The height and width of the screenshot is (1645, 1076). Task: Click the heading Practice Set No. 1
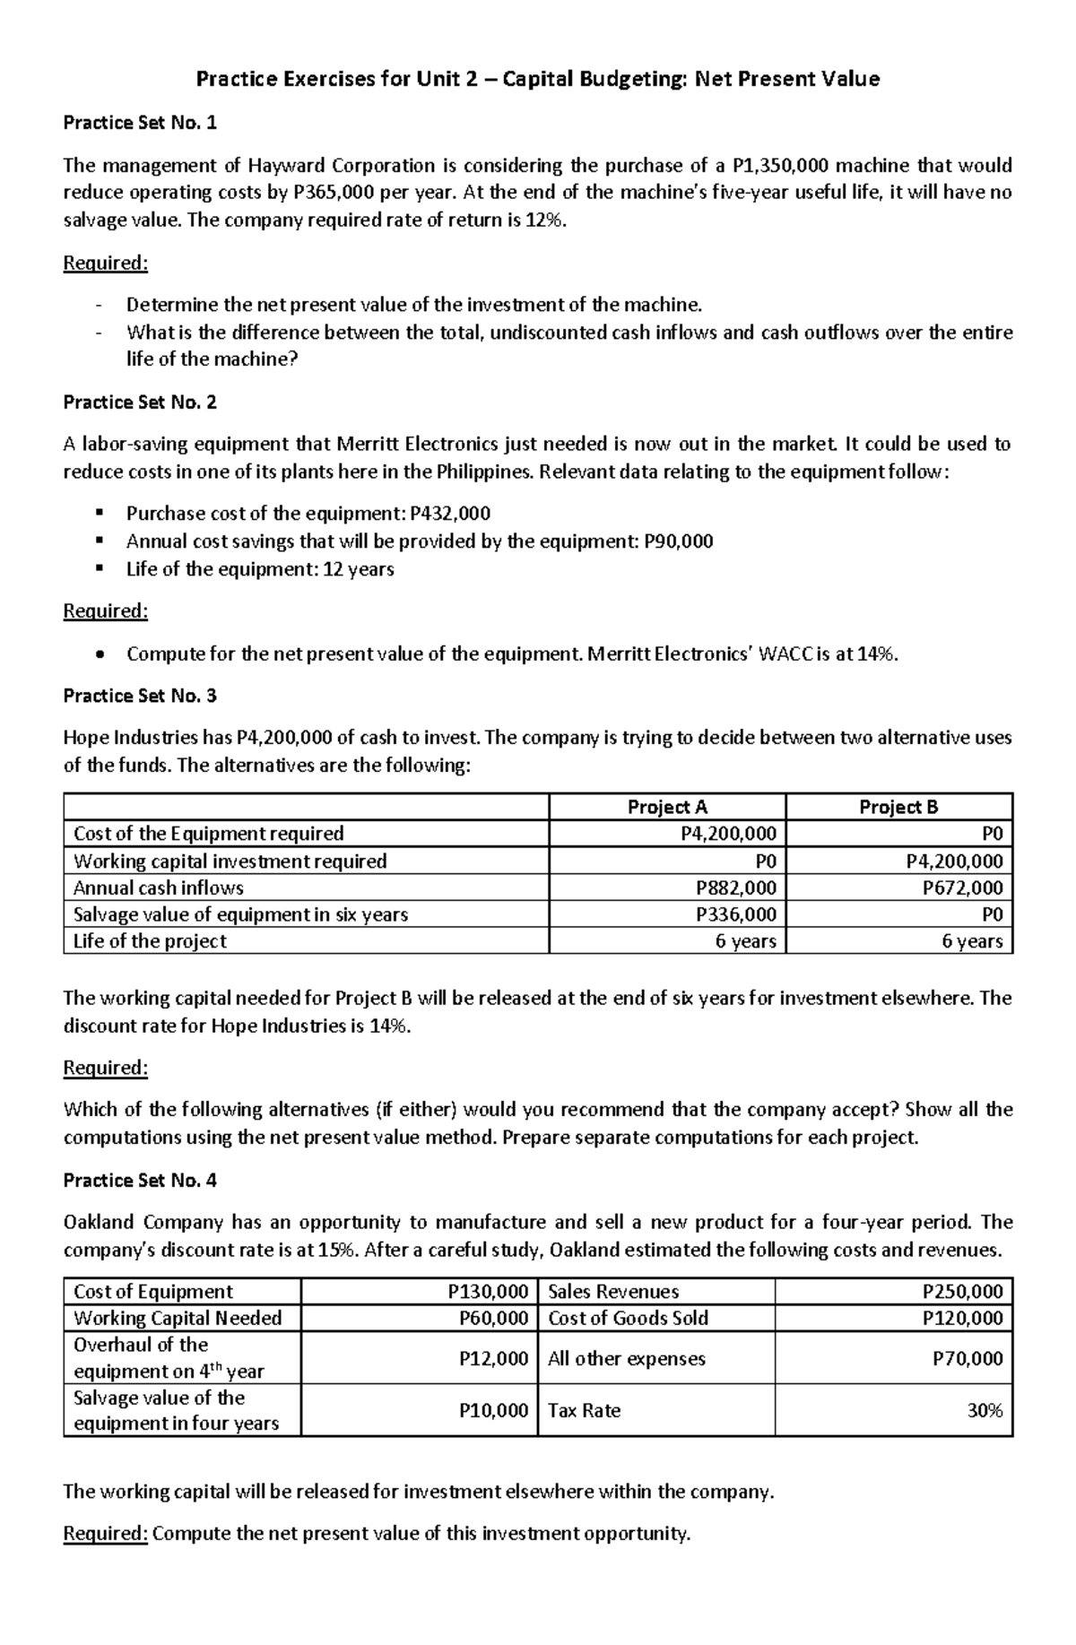pos(140,123)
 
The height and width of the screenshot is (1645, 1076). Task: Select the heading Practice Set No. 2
pos(140,402)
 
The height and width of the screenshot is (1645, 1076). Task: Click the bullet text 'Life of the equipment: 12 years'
pos(260,569)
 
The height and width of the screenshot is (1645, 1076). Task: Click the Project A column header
pos(667,807)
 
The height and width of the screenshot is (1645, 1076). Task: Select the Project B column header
pos(898,807)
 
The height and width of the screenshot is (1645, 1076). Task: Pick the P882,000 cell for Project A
pos(735,887)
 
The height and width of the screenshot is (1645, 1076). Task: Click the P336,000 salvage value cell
pos(735,914)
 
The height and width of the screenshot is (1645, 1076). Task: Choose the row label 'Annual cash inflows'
pos(159,887)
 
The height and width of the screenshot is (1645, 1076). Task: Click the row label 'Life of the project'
pos(150,941)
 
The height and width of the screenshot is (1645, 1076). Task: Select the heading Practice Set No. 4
pos(140,1180)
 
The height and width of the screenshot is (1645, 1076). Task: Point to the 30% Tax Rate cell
pos(985,1410)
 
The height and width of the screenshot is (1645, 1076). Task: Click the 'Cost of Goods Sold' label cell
pos(628,1318)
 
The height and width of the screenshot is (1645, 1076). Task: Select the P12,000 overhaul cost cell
pos(492,1358)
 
